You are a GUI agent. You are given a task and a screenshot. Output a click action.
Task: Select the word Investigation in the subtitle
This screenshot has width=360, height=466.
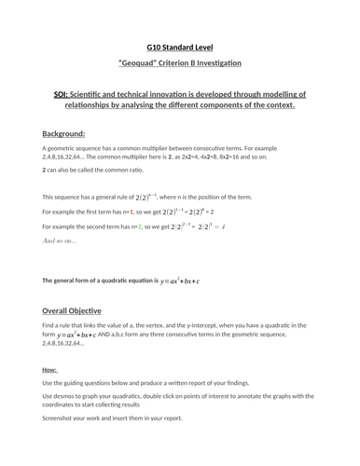click(x=217, y=62)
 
